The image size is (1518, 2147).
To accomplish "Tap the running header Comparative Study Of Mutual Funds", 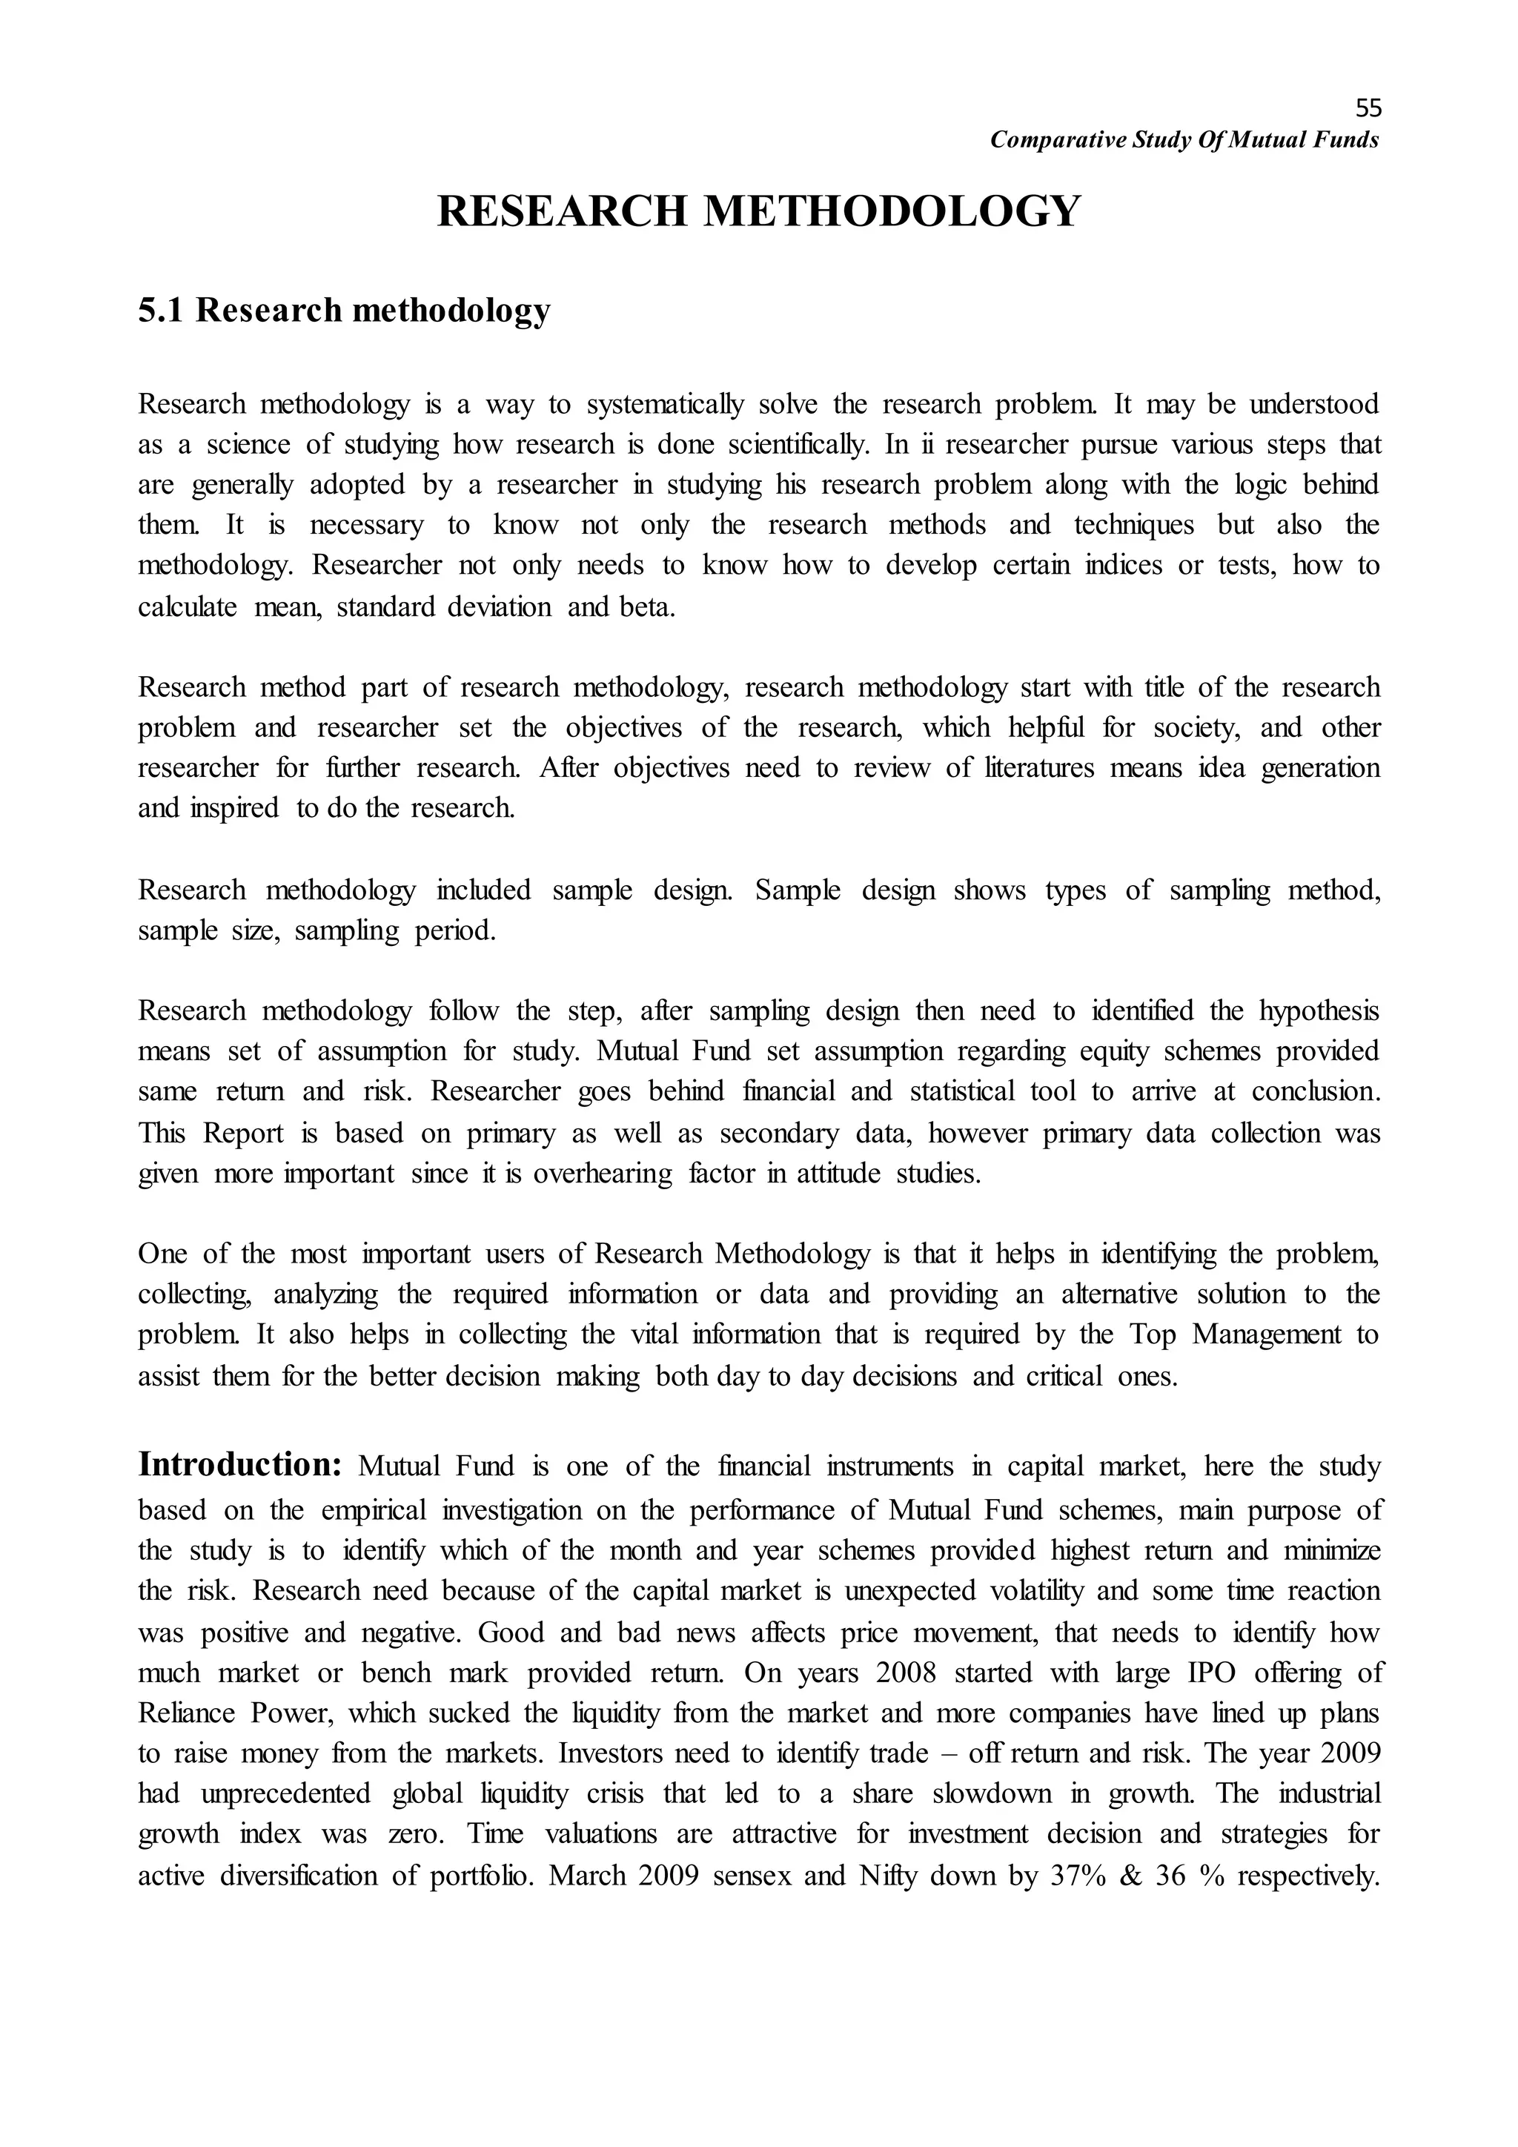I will (1184, 140).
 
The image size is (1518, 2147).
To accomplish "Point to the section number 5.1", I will (162, 311).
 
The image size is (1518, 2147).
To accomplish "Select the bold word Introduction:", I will (240, 1464).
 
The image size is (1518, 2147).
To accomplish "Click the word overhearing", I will (602, 1174).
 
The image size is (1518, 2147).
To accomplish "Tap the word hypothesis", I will (1318, 1012).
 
